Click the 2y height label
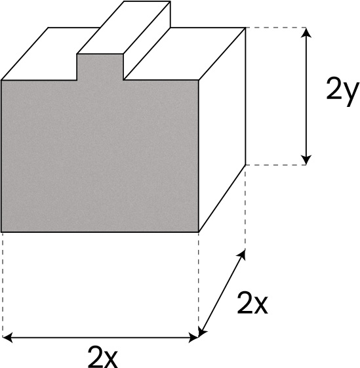pos(343,92)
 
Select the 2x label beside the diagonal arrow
pos(252,303)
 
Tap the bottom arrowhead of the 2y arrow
pos(306,160)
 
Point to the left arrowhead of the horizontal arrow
pos(7,338)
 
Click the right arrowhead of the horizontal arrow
pos(194,338)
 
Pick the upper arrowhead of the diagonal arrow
pos(243,255)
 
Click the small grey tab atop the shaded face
pos(100,67)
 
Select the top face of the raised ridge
pos(124,28)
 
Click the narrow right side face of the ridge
pos(147,41)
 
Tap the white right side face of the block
pos(222,130)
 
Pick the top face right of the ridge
pos(185,54)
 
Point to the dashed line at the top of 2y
pos(276,28)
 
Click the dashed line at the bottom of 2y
pos(276,165)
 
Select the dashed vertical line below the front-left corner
pos(3,284)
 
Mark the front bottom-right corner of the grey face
pos(199,232)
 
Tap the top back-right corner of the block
pos(246,28)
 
